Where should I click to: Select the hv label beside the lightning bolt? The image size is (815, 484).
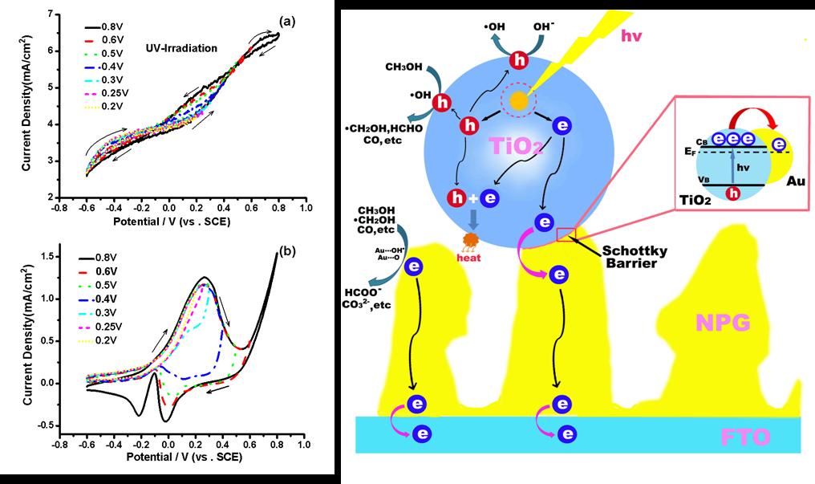coord(635,35)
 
